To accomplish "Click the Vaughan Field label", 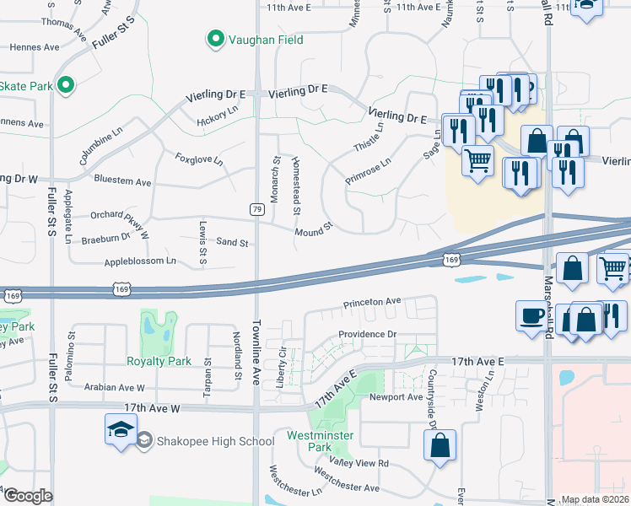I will [x=262, y=40].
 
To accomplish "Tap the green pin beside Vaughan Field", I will [x=215, y=39].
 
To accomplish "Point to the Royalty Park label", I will [x=159, y=362].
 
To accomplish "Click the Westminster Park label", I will [x=320, y=441].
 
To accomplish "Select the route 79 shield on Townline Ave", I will [x=256, y=208].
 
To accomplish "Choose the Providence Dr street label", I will [x=367, y=335].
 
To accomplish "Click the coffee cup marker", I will [x=531, y=315].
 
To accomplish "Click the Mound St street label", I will [x=315, y=229].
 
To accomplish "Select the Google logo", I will [x=27, y=496].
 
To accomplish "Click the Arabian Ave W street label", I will [x=115, y=388].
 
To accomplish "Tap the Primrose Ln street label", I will [x=368, y=171].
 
